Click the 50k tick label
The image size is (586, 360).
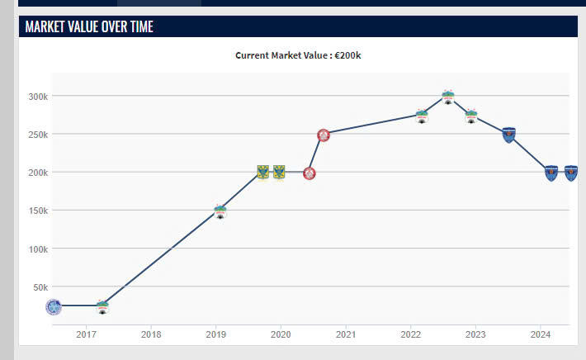point(40,287)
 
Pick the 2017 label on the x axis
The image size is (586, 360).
point(87,334)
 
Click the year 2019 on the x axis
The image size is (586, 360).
point(216,334)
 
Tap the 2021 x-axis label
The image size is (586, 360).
point(346,334)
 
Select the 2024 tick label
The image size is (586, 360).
point(540,334)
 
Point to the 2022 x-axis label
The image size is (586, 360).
point(410,334)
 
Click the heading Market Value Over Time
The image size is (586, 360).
point(89,26)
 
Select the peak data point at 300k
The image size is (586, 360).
point(447,97)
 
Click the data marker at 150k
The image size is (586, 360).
point(220,211)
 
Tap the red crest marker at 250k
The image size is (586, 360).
point(324,135)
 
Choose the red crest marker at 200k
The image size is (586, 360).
point(309,173)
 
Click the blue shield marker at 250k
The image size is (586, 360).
point(509,135)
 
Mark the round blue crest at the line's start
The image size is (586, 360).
point(54,307)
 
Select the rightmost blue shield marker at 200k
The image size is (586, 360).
point(570,173)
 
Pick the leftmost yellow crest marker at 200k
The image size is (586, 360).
point(263,173)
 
